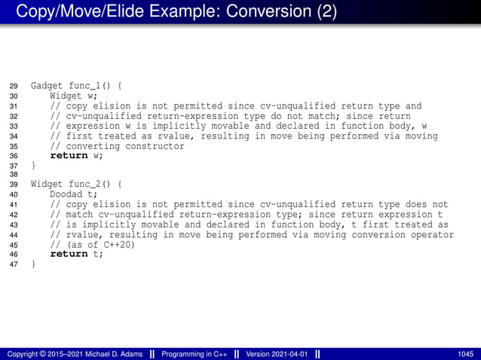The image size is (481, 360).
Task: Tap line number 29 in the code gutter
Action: tap(13, 87)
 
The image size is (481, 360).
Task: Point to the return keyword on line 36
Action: tap(69, 156)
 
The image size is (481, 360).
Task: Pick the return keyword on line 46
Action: tap(69, 254)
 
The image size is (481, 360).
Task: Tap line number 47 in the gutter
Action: tap(13, 264)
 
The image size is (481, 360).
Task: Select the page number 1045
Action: tap(465, 354)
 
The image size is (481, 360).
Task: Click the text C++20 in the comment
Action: tap(118, 244)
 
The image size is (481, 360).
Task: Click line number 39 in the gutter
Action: tap(13, 185)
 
